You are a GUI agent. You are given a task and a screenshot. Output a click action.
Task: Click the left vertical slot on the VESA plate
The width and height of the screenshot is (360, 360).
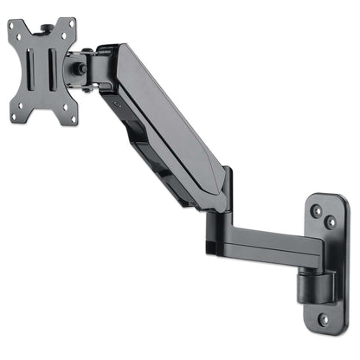[34, 69]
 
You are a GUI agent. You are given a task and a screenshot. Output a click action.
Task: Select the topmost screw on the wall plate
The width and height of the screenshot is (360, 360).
[317, 210]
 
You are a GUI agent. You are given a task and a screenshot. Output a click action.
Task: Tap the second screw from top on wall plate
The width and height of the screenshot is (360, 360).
[331, 222]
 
